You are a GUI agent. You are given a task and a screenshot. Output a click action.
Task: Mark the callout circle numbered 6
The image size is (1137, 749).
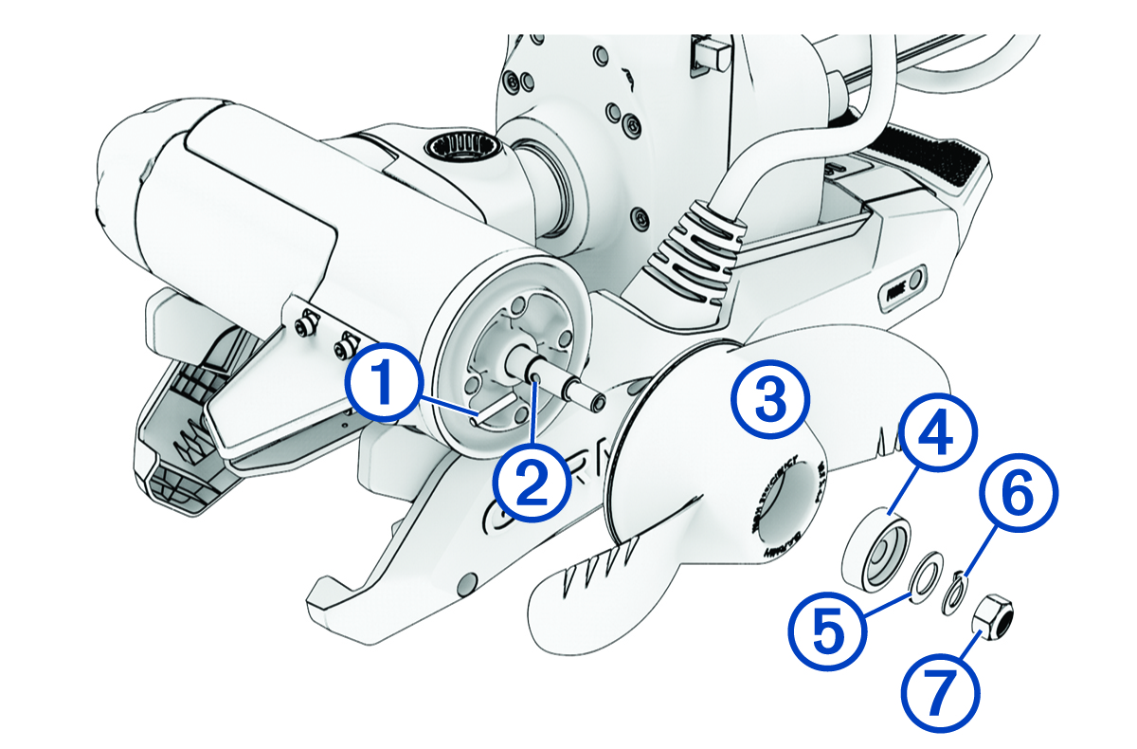[x=1012, y=500]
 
